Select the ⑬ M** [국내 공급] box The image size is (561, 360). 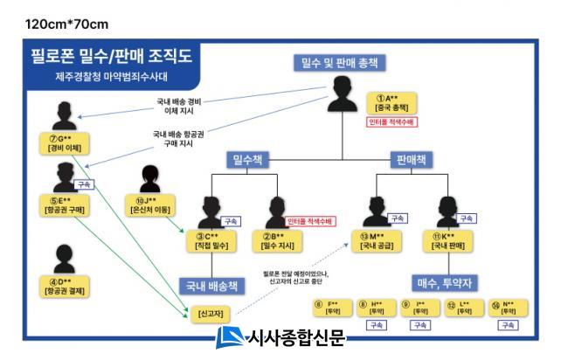(x=384, y=240)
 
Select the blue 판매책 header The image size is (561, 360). (x=408, y=160)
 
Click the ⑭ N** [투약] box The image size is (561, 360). (x=507, y=307)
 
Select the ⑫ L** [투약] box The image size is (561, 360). (x=463, y=307)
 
